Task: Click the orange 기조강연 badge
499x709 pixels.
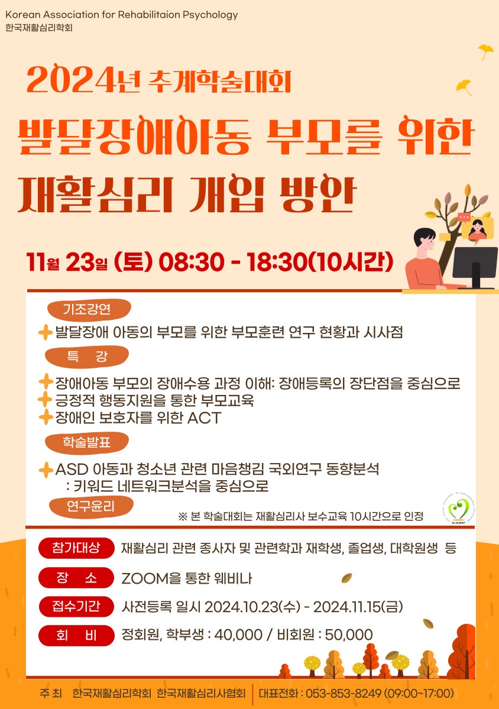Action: pyautogui.click(x=89, y=310)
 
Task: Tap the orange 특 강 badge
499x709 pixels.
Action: pyautogui.click(x=87, y=357)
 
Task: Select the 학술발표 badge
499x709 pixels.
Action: pyautogui.click(x=87, y=443)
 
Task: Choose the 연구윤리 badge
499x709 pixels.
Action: pyautogui.click(x=91, y=507)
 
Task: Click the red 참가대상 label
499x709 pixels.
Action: pyautogui.click(x=76, y=548)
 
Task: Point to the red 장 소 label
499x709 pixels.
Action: pyautogui.click(x=76, y=578)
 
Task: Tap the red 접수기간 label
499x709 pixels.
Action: pyautogui.click(x=76, y=606)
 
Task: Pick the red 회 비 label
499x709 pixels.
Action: pyautogui.click(x=76, y=635)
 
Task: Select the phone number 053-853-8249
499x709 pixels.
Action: pyautogui.click(x=343, y=694)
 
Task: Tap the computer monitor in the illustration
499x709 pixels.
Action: pyautogui.click(x=475, y=267)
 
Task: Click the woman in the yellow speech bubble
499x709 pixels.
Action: pyautogui.click(x=477, y=229)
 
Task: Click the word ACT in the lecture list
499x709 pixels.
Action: pyautogui.click(x=205, y=418)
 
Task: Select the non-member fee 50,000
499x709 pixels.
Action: pyautogui.click(x=349, y=635)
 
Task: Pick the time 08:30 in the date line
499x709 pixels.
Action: pyautogui.click(x=192, y=263)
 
